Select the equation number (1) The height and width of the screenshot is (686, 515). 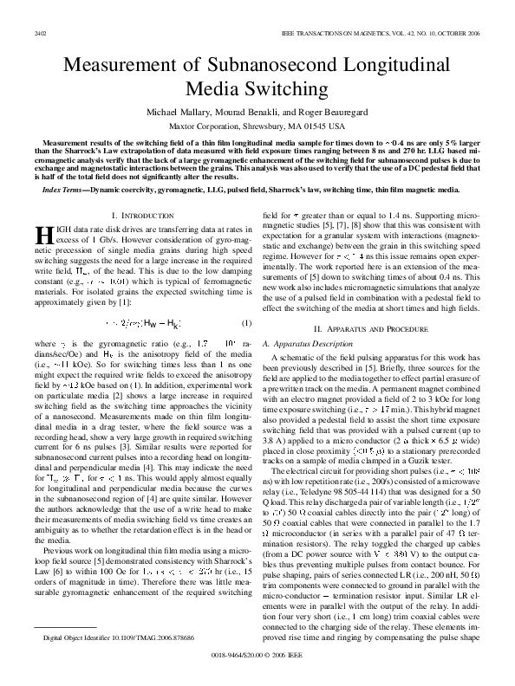pyautogui.click(x=245, y=322)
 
